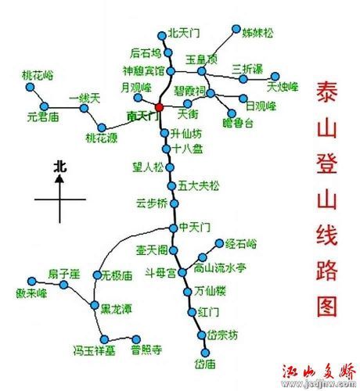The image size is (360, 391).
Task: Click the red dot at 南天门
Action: [160, 106]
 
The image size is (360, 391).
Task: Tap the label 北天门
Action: [184, 34]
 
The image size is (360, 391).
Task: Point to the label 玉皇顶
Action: [201, 59]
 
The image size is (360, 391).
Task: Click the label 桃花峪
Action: [37, 75]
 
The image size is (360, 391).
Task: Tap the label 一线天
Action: [85, 97]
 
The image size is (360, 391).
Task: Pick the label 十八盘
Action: [187, 148]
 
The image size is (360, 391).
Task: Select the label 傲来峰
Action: [31, 292]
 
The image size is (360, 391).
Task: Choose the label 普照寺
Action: [146, 350]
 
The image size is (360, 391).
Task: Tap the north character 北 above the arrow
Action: [60, 166]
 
